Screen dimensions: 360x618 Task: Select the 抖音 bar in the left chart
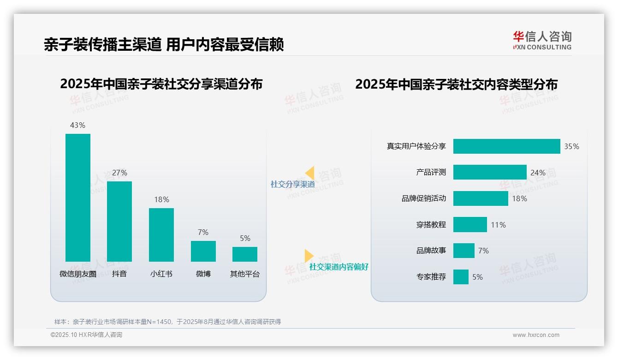click(x=119, y=222)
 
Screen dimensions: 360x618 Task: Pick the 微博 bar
click(x=203, y=251)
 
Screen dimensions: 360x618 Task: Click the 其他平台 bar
click(x=245, y=254)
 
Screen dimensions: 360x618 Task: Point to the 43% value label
click(x=77, y=125)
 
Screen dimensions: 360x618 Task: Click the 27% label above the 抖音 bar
click(x=119, y=173)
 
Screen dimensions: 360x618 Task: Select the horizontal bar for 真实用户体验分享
click(x=506, y=146)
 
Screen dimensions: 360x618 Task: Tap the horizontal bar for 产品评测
click(x=490, y=172)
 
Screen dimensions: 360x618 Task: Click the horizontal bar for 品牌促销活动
click(x=481, y=198)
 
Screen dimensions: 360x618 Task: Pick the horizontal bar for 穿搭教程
click(x=470, y=225)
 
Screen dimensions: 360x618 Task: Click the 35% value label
click(x=571, y=146)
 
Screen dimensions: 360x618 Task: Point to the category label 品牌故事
click(x=431, y=251)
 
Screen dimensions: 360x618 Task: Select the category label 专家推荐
click(x=431, y=277)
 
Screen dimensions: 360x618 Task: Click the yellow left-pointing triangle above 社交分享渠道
click(x=310, y=173)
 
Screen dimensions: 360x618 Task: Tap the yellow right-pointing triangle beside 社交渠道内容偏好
click(x=309, y=256)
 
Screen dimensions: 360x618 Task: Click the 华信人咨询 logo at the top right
click(x=542, y=41)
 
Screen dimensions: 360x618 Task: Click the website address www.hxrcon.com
click(x=536, y=335)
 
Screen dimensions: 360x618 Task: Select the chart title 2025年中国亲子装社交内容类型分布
click(x=456, y=84)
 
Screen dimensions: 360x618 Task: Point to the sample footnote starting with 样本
click(x=167, y=322)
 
